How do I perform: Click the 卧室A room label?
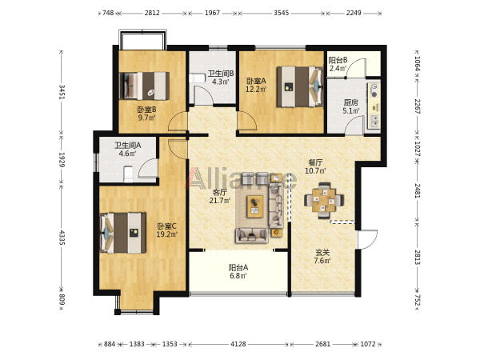(256, 81)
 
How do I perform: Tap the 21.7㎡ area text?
(219, 201)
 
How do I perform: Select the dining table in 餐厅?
(324, 201)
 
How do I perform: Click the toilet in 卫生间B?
(197, 78)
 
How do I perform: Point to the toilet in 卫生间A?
(128, 174)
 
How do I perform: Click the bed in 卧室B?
(144, 86)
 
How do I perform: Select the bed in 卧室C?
(123, 233)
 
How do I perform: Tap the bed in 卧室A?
(300, 86)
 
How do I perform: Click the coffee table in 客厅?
(255, 206)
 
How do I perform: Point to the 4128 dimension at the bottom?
(238, 344)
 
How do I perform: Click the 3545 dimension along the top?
(281, 13)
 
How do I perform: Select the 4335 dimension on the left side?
(62, 238)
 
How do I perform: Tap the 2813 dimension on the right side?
(418, 257)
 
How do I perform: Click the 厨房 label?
(350, 102)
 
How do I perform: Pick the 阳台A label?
(238, 267)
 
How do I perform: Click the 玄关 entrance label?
(322, 253)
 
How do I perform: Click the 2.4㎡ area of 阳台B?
(338, 68)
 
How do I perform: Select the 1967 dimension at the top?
(212, 13)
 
